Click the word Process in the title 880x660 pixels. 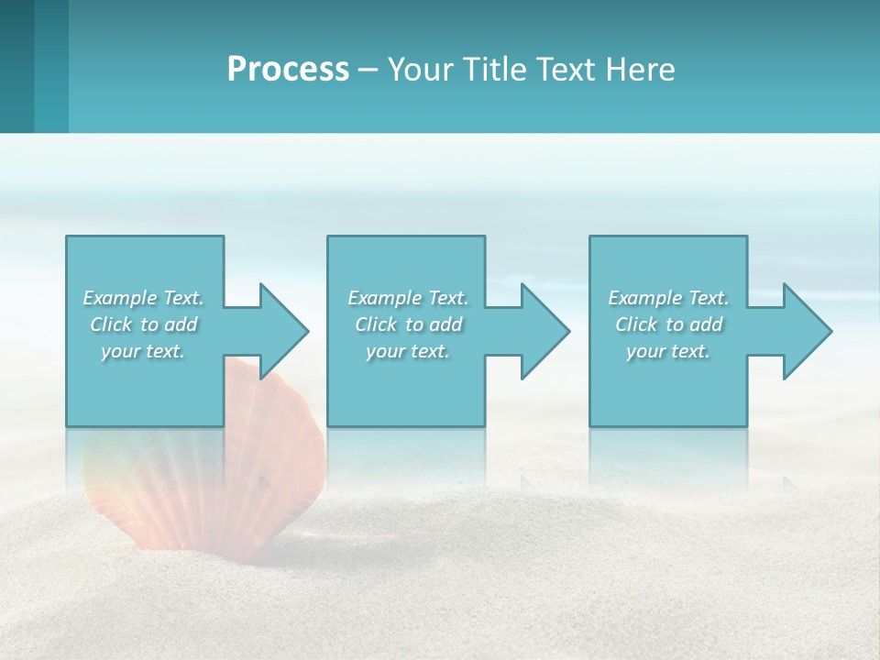click(288, 70)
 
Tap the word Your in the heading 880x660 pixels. click(420, 70)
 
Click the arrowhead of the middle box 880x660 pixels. click(544, 331)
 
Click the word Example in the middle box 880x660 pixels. click(383, 298)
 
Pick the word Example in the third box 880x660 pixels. click(643, 298)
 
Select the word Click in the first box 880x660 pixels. click(111, 324)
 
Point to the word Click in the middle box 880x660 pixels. click(376, 324)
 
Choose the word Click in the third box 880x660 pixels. click(636, 324)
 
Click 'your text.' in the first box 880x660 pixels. click(143, 351)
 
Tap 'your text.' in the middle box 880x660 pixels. click(408, 351)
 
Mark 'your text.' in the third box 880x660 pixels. click(668, 351)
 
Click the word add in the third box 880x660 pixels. click(706, 324)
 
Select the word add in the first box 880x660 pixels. click(181, 324)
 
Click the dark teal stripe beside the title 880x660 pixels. click(16, 66)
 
